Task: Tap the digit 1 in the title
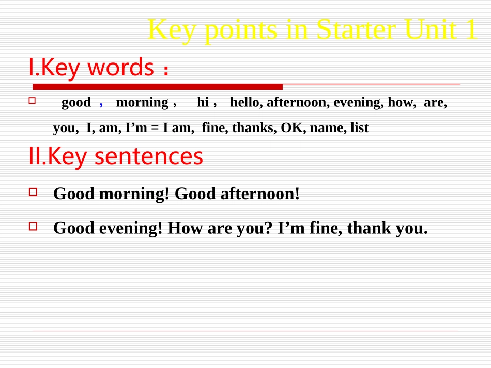coord(471,29)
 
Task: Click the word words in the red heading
coord(120,67)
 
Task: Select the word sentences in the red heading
coord(149,156)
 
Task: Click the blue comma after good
coord(101,104)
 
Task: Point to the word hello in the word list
coord(246,102)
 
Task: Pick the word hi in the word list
coord(203,102)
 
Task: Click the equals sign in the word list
coord(155,128)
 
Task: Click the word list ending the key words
coord(360,127)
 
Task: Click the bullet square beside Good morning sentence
coord(33,192)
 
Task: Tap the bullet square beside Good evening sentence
coord(33,226)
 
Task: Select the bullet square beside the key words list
coord(32,100)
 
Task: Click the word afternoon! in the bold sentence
coord(260,194)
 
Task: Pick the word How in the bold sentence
coord(185,228)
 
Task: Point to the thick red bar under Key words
coord(158,87)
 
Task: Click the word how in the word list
coord(402,102)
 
